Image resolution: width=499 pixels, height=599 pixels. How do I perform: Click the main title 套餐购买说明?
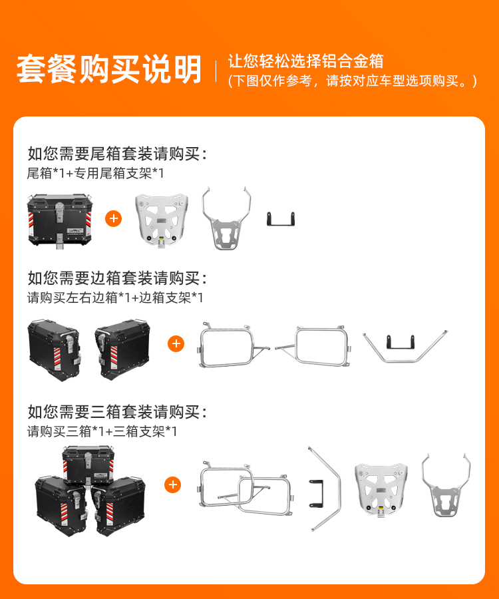[109, 69]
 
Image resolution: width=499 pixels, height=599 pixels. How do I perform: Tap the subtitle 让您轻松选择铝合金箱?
[305, 61]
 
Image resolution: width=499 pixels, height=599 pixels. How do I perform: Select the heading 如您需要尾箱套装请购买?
[117, 154]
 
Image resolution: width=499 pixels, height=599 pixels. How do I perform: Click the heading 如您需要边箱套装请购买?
[117, 278]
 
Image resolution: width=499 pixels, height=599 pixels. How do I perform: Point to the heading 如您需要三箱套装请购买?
[117, 412]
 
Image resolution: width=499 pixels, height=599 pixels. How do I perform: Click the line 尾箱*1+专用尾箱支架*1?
[95, 174]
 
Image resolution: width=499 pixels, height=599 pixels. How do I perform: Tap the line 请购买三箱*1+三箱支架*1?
[102, 432]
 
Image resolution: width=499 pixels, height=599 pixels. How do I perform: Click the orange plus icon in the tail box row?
[113, 218]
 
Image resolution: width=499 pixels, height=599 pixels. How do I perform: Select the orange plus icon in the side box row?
[176, 343]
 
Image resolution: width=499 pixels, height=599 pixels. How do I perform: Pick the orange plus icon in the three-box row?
[172, 485]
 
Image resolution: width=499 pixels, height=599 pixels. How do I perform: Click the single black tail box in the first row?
[60, 220]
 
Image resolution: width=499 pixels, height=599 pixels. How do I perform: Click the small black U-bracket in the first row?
[281, 219]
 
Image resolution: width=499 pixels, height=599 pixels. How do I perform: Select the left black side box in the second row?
[54, 350]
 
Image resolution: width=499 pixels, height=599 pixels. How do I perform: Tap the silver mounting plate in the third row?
[381, 490]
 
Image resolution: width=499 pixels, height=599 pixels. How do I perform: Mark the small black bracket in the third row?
[317, 493]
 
